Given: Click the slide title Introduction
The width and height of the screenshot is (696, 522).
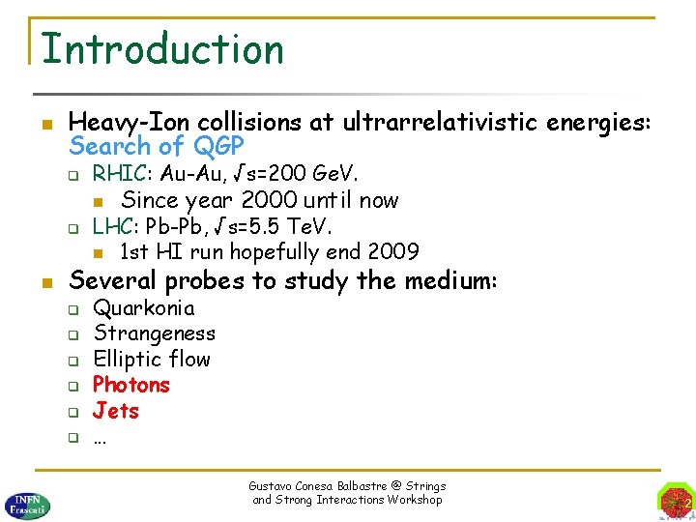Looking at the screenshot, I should [162, 48].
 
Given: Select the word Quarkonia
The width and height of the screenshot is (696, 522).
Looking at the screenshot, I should [143, 308].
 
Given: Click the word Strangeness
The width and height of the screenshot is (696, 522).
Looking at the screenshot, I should [154, 333].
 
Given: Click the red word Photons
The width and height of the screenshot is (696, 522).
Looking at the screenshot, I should [130, 385].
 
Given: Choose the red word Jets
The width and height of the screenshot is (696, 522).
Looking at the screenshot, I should [116, 411].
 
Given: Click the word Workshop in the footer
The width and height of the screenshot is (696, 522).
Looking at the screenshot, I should [414, 500].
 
